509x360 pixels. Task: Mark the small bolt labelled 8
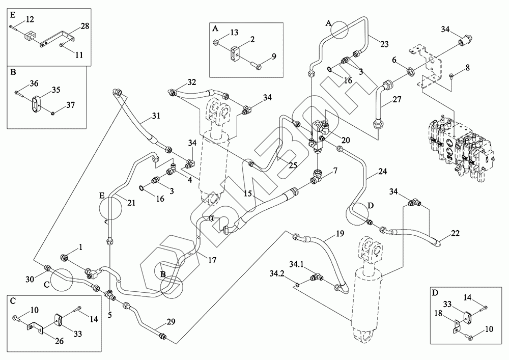pyautogui.click(x=452, y=77)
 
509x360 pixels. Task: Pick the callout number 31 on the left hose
pyautogui.click(x=156, y=116)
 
